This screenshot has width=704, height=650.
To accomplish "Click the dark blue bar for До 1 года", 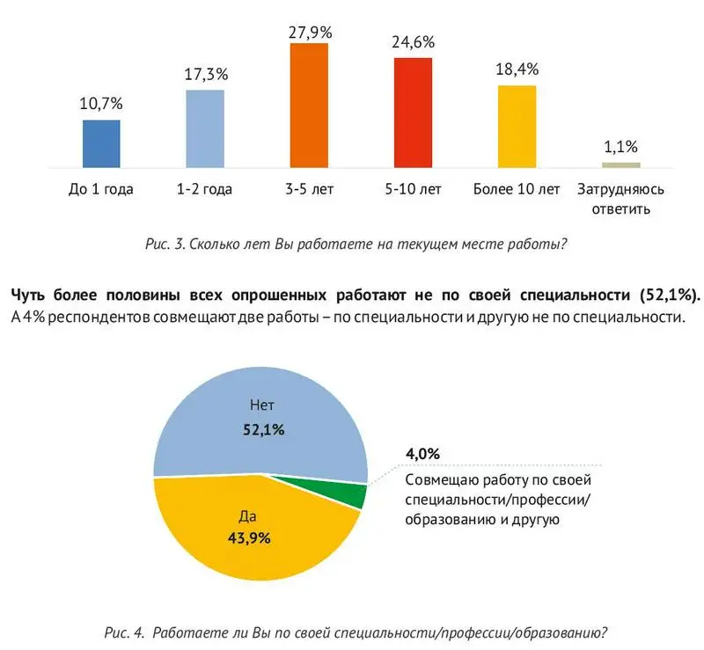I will (101, 143).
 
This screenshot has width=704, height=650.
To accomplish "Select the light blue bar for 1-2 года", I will (205, 128).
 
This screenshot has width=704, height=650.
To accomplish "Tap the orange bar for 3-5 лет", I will (309, 105).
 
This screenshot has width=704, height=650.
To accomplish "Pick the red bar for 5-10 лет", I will (413, 112).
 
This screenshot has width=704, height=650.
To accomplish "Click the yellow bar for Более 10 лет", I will (517, 126).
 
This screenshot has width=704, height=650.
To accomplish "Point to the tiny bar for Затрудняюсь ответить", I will (621, 164).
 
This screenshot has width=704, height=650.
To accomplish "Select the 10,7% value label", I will (101, 103).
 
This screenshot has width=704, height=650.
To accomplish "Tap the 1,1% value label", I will (621, 147).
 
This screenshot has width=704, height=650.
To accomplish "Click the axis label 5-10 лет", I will (413, 189).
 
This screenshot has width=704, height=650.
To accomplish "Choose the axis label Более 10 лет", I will (517, 189).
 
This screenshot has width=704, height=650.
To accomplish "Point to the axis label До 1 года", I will (101, 189).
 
